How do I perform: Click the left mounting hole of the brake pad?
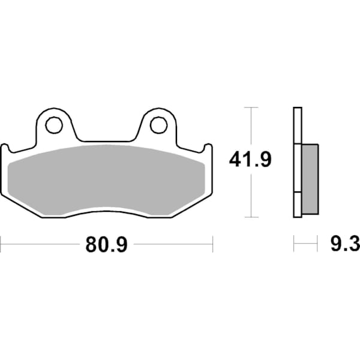[x=53, y=125]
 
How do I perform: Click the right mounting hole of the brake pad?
[x=158, y=125]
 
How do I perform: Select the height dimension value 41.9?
[x=251, y=160]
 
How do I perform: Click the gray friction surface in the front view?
[x=108, y=177]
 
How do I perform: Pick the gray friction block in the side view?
[x=308, y=179]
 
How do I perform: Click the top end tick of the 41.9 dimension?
[x=251, y=108]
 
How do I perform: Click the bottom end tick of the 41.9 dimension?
[x=251, y=217]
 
